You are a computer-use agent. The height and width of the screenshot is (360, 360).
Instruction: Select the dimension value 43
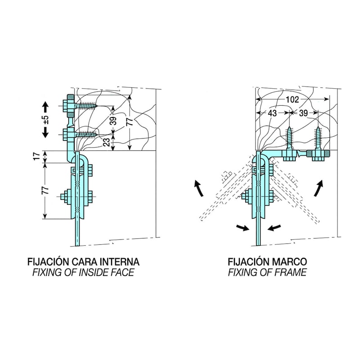[272, 113]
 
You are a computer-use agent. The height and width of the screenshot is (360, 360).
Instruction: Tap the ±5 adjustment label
[46, 120]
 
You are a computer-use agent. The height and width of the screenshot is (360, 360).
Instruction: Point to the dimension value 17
[37, 157]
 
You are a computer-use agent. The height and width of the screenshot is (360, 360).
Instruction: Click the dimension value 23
[106, 142]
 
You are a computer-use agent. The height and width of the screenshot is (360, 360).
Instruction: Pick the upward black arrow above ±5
[45, 108]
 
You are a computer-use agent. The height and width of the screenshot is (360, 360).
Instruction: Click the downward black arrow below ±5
[45, 132]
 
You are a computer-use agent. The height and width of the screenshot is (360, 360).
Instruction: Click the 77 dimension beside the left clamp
[45, 190]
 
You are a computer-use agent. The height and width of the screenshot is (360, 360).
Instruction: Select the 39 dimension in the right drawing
[303, 113]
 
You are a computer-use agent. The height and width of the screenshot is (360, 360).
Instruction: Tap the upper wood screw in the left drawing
[86, 106]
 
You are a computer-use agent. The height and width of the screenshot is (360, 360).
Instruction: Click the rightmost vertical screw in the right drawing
[318, 138]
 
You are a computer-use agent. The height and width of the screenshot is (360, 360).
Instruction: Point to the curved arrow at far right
[319, 188]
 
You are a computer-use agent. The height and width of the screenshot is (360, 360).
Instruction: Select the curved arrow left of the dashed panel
[199, 188]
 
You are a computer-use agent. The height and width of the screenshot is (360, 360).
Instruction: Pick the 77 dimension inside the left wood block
[130, 121]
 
